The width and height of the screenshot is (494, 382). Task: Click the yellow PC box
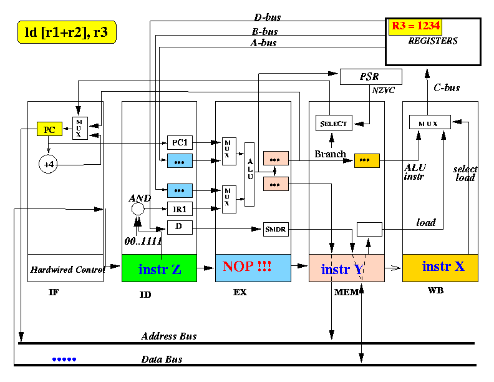tap(49, 129)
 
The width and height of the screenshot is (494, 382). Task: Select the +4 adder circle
tap(48, 164)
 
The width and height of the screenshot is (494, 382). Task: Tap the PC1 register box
tap(180, 142)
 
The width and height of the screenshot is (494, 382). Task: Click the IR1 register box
tap(180, 209)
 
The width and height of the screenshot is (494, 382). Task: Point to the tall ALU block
tap(249, 174)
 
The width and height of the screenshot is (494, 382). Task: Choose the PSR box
tap(371, 77)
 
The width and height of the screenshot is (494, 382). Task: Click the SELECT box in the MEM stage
tap(334, 123)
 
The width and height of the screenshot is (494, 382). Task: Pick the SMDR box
tap(276, 229)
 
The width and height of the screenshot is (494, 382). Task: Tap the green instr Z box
tap(160, 268)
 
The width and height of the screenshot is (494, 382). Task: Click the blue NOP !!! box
tap(253, 268)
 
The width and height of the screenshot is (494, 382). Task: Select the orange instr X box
tap(440, 268)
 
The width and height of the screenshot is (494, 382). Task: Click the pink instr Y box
tap(347, 268)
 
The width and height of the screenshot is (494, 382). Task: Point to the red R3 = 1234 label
tap(415, 26)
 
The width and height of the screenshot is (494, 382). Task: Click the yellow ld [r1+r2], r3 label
tap(67, 32)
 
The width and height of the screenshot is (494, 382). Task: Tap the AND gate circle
tap(138, 208)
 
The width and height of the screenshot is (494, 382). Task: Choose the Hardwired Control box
tap(65, 268)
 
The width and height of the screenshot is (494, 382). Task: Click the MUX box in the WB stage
tap(430, 122)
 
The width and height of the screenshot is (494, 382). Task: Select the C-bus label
tap(447, 87)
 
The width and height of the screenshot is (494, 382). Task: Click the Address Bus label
tap(169, 336)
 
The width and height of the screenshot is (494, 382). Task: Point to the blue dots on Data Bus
tap(64, 360)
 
